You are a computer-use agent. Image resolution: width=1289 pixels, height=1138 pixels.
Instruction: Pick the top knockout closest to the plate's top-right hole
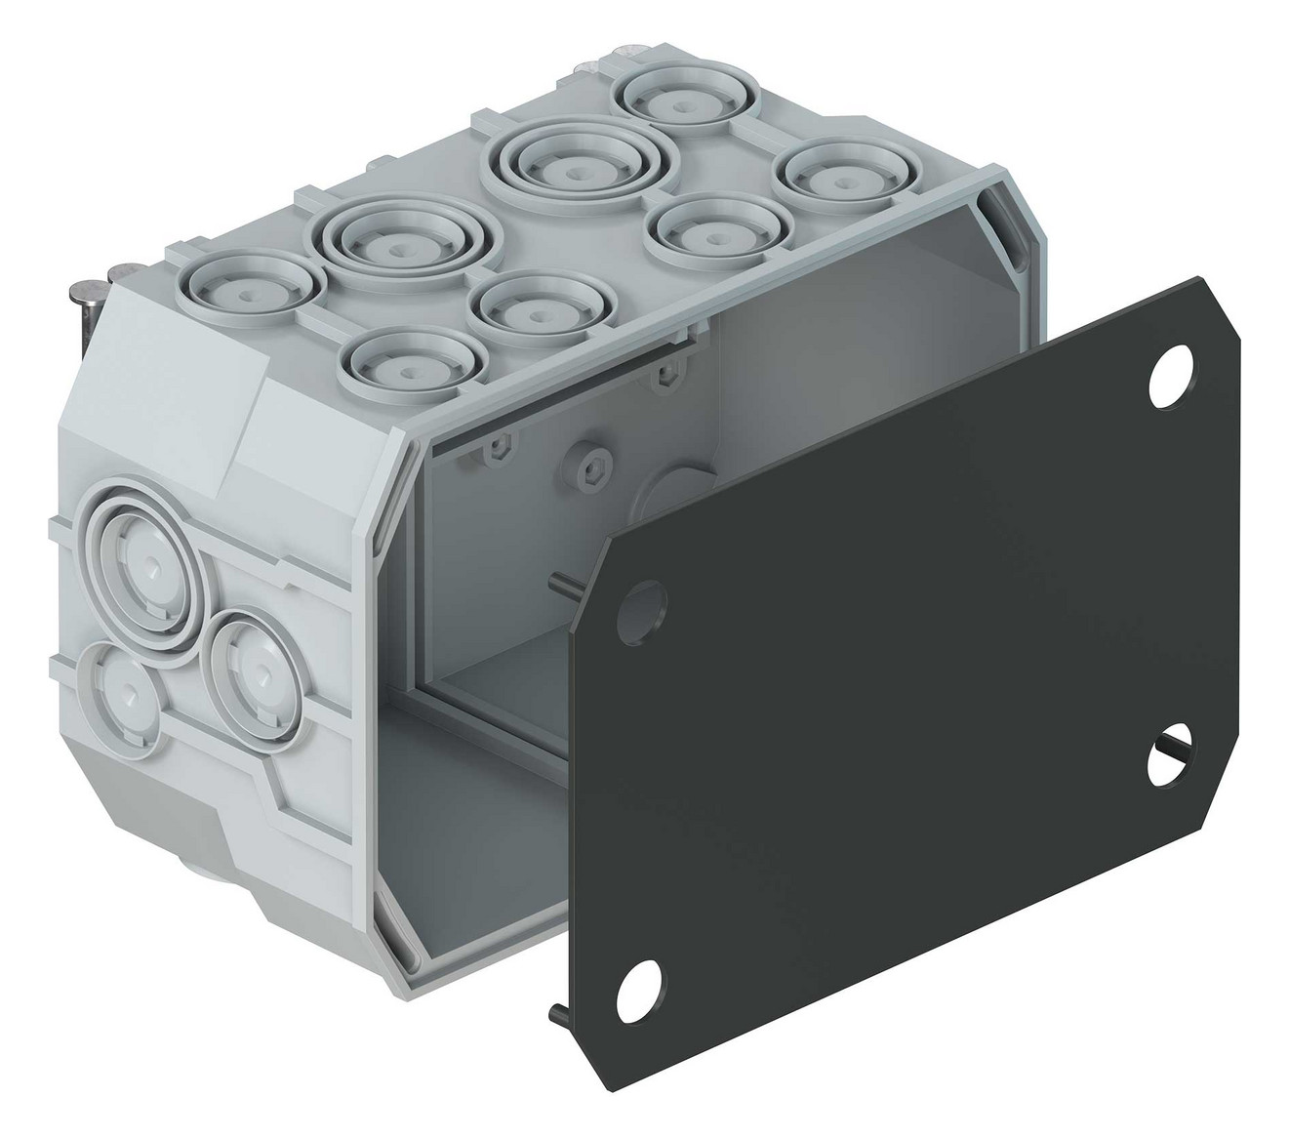pyautogui.click(x=836, y=177)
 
